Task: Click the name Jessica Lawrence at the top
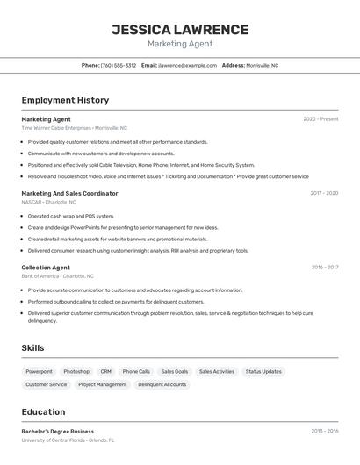[x=180, y=29]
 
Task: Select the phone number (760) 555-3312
[x=119, y=65]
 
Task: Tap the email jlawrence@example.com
[x=187, y=65]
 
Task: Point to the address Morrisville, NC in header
[x=262, y=65]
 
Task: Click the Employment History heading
[x=65, y=100]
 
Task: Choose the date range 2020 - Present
[x=320, y=119]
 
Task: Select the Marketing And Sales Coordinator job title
[x=69, y=193]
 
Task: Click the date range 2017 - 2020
[x=324, y=193]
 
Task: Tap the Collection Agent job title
[x=46, y=268]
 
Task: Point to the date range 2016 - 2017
[x=324, y=268]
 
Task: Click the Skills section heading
[x=32, y=348]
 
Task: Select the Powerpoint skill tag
[x=39, y=371]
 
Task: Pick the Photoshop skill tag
[x=76, y=371]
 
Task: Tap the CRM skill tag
[x=105, y=371]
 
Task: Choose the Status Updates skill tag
[x=263, y=371]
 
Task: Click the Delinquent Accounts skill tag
[x=162, y=384]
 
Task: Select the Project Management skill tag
[x=102, y=384]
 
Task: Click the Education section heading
[x=43, y=411]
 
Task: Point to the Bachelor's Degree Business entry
[x=57, y=432]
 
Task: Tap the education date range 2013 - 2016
[x=324, y=432]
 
